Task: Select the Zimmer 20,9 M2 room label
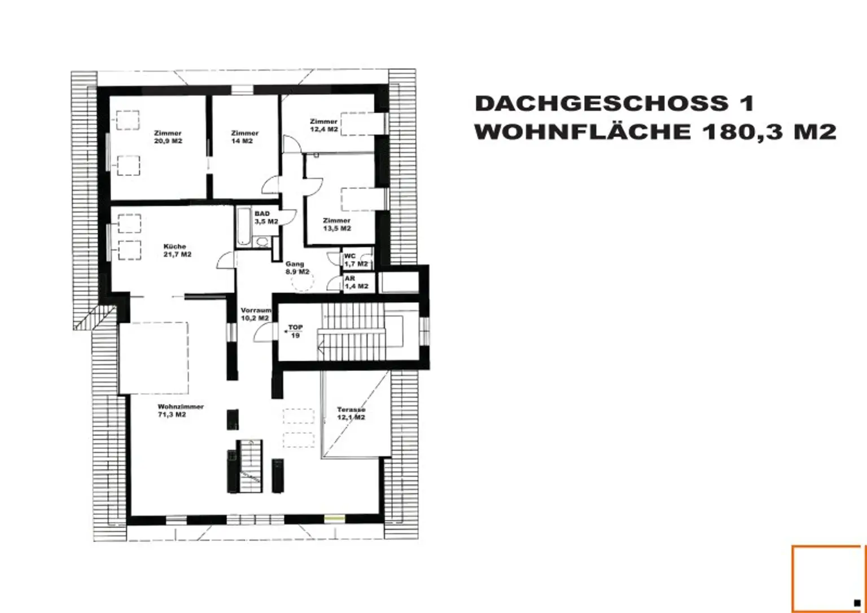coord(168,137)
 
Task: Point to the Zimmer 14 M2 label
coord(244,137)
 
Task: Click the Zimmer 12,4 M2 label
coord(324,125)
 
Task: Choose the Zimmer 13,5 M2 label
coord(337,224)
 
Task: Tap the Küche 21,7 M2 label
coord(177,250)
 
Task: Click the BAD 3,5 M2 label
coord(266,218)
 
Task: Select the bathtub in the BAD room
coord(243,226)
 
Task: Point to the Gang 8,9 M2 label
coord(297,268)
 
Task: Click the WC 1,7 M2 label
coord(356,260)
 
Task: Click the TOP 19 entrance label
coord(295,332)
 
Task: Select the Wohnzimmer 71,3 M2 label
coord(181,411)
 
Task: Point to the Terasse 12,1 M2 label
coord(351,413)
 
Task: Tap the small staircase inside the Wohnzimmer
coord(251,466)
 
